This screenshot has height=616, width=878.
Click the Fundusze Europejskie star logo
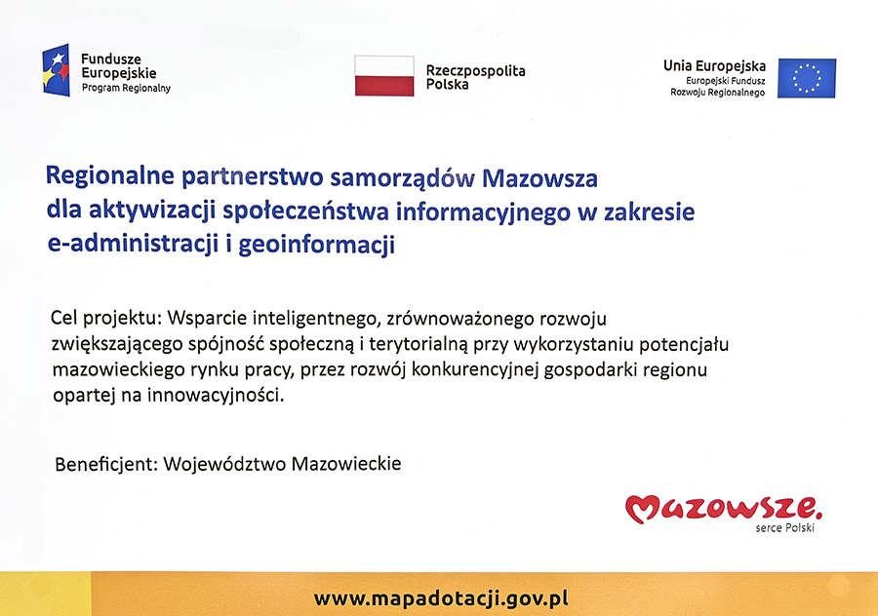pos(56,70)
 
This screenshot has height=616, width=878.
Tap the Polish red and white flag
pos(384,75)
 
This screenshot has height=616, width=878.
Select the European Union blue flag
pos(807,78)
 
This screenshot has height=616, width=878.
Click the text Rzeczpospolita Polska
pos(475,77)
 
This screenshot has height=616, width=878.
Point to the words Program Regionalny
pos(126,88)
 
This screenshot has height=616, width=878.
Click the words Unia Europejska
pos(714,66)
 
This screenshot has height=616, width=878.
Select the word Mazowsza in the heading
pos(539,178)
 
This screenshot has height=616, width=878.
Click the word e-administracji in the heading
pos(133,245)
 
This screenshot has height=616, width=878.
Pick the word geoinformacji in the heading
pos(317,245)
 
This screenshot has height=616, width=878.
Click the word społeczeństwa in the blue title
pos(305,212)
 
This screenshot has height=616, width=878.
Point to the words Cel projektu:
pos(105,319)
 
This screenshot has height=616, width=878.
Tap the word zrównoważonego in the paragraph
pos(460,319)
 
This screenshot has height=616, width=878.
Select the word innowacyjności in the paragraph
pos(216,396)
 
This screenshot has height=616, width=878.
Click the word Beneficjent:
pos(106,464)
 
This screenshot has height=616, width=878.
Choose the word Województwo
pos(224,464)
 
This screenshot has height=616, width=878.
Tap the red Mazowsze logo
pos(724,509)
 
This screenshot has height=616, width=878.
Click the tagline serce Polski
pos(785,527)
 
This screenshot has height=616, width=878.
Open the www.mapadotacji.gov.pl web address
pos(441,598)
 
